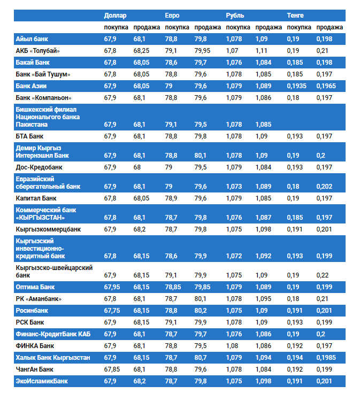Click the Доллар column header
point(116,16)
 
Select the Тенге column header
point(296,16)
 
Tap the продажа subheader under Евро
point(208,27)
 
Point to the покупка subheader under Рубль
point(238,27)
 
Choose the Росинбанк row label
point(35,310)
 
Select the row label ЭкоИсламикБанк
point(42,381)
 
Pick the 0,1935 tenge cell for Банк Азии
point(297,86)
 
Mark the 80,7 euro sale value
point(202,357)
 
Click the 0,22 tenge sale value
point(323,275)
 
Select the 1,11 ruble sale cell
point(261,51)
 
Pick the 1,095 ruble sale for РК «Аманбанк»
point(264,299)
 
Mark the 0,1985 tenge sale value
point(326,357)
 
